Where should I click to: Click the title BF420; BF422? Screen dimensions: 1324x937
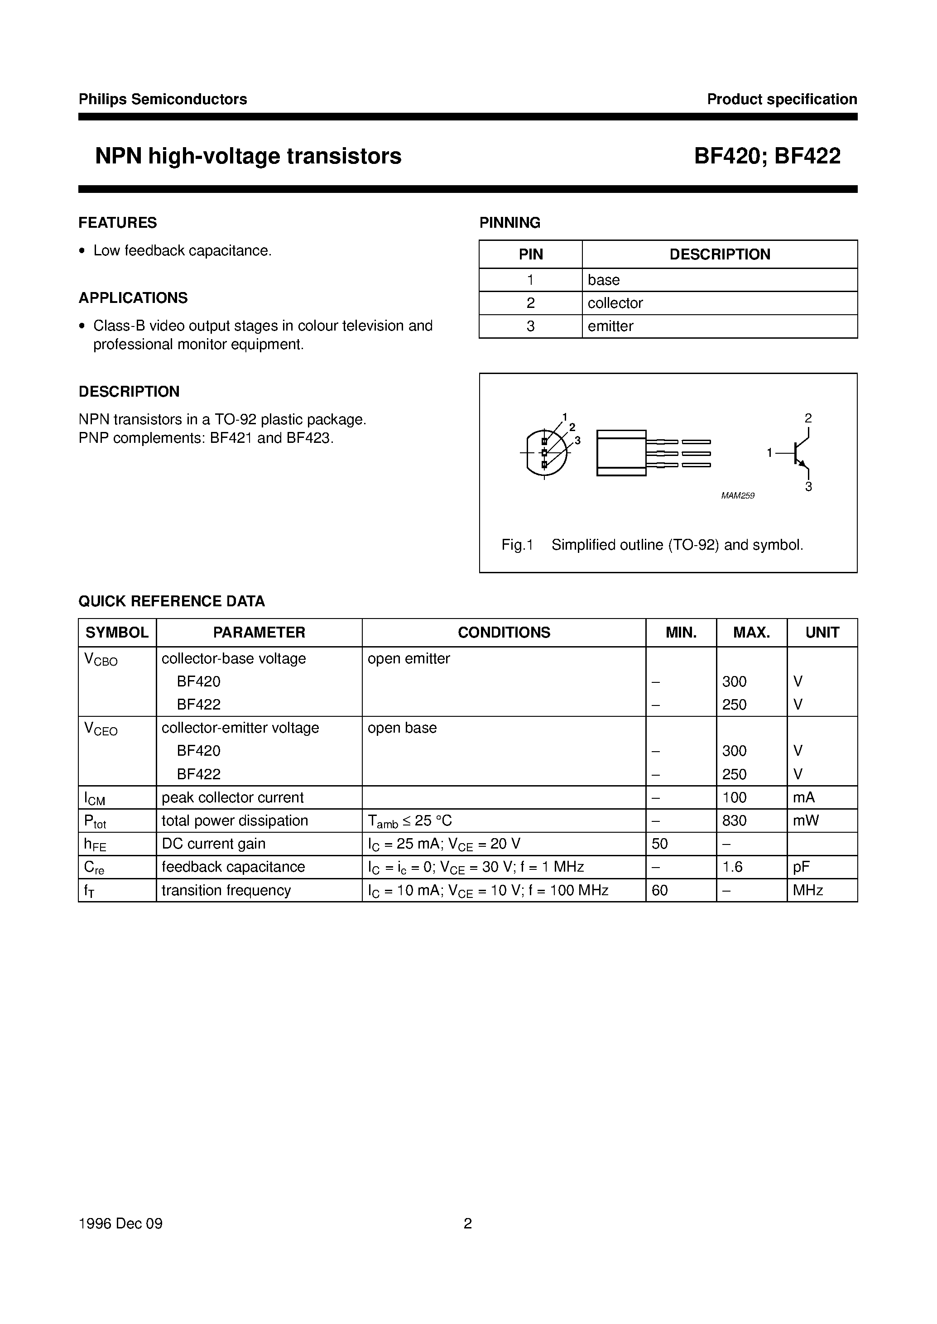[767, 156]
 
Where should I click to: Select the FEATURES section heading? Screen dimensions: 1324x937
[118, 223]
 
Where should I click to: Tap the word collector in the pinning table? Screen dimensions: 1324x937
[615, 303]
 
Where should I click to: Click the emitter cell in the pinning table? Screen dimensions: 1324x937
[610, 326]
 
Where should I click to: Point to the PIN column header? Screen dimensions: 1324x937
[530, 254]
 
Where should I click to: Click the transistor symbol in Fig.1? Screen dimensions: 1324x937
[799, 453]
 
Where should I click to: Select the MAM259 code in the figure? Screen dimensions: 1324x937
[737, 495]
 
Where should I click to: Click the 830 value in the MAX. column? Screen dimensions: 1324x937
[734, 820]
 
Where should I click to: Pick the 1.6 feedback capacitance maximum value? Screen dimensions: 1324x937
[732, 867]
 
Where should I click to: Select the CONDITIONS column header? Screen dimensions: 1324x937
[504, 632]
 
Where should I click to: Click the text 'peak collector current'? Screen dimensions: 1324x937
[232, 797]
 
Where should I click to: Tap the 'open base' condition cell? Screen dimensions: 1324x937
[402, 728]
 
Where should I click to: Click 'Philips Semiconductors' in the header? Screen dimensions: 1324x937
[163, 99]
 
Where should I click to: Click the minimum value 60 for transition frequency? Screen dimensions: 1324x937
[659, 890]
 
